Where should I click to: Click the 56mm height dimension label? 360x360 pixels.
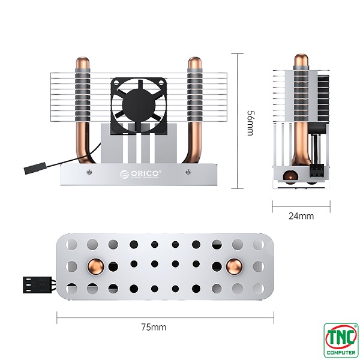(250, 122)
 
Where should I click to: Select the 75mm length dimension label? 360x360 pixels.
(154, 327)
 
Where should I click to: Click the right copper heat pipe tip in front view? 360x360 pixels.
(194, 63)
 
